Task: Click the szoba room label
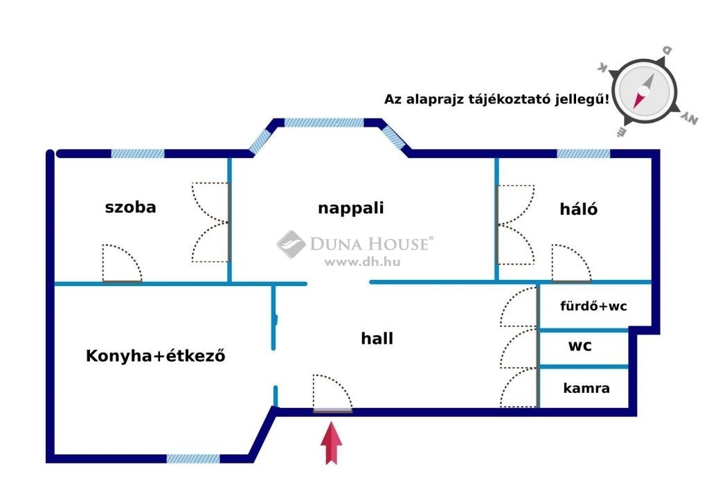(x=130, y=207)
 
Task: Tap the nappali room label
(x=351, y=209)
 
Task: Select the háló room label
(x=578, y=209)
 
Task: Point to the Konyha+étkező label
(x=156, y=355)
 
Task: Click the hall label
(x=377, y=338)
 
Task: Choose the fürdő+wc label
(x=593, y=306)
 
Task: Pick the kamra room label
(x=586, y=388)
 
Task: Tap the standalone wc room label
(x=580, y=346)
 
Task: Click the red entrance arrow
(x=332, y=443)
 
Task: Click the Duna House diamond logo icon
(x=291, y=245)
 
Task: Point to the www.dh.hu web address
(x=362, y=262)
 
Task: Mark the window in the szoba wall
(x=138, y=154)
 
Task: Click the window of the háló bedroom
(x=583, y=154)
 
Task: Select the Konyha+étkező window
(x=193, y=459)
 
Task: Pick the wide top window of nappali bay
(x=324, y=123)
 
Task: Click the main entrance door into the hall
(x=333, y=393)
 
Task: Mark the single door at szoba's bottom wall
(x=122, y=263)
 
